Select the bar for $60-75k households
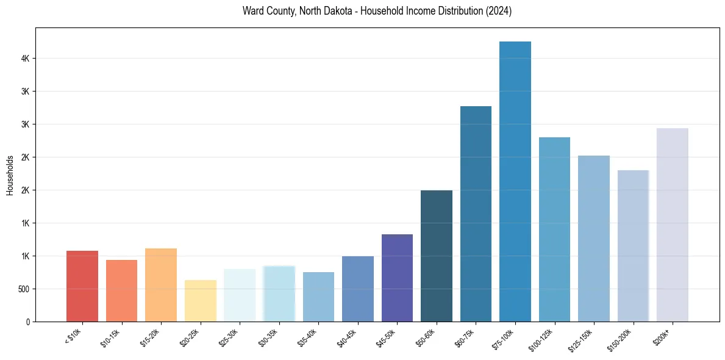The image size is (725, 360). pyautogui.click(x=476, y=214)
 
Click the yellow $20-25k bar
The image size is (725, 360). pyautogui.click(x=201, y=300)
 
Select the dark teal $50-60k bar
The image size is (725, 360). pyautogui.click(x=437, y=256)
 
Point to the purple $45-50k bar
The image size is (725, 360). pyautogui.click(x=397, y=278)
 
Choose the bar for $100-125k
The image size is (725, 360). pyautogui.click(x=554, y=229)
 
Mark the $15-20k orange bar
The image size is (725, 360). pyautogui.click(x=161, y=284)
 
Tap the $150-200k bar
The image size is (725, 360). pyautogui.click(x=633, y=245)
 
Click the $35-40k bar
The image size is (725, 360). pyautogui.click(x=318, y=297)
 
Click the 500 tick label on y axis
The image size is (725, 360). pyautogui.click(x=24, y=289)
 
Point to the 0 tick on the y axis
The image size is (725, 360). pyautogui.click(x=27, y=322)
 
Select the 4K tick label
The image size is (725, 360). pyautogui.click(x=25, y=59)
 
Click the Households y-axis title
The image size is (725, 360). pyautogui.click(x=10, y=175)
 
